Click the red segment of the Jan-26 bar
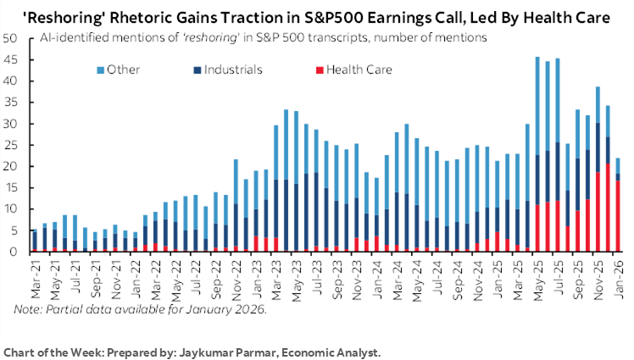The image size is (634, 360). [618, 216]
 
